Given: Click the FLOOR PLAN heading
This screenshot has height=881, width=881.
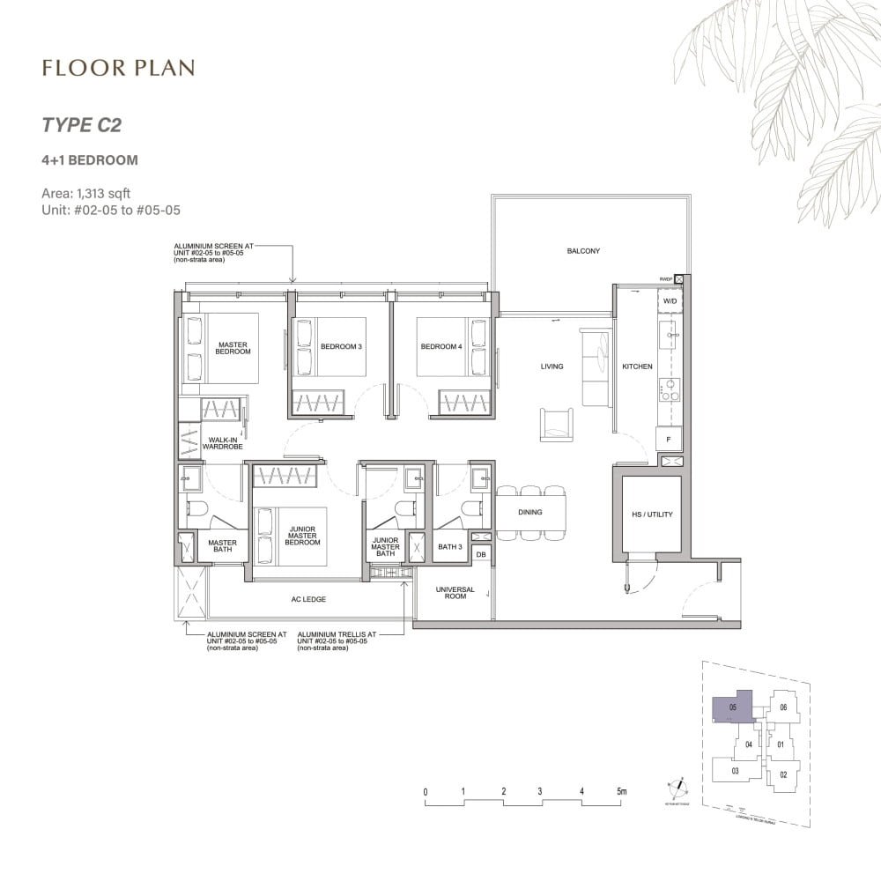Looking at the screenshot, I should coord(117,68).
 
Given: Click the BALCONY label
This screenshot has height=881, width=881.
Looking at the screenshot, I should coord(583,251).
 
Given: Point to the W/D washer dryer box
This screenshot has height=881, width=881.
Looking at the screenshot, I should coord(670,301).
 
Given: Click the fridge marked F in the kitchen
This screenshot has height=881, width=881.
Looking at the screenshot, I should coord(669,438).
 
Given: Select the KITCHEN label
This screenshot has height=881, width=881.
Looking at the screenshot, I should coord(637,366).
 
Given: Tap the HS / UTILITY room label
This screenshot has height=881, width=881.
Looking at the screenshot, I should coord(652,515).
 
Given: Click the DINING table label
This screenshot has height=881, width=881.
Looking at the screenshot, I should coord(529,512).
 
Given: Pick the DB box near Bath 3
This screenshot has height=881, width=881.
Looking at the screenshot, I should coord(481,554).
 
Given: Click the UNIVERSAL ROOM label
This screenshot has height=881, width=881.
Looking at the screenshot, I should coord(455,593).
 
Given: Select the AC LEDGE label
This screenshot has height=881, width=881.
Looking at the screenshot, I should coord(308,599).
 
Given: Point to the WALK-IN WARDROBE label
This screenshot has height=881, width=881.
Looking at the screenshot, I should coord(216,443).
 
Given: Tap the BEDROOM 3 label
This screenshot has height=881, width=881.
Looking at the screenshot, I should coord(341,347).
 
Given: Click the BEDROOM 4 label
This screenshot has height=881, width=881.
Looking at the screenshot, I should coord(440,347).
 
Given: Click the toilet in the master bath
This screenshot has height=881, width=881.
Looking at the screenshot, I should coord(196,510).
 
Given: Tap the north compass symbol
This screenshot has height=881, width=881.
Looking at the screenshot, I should coord(679,787).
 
